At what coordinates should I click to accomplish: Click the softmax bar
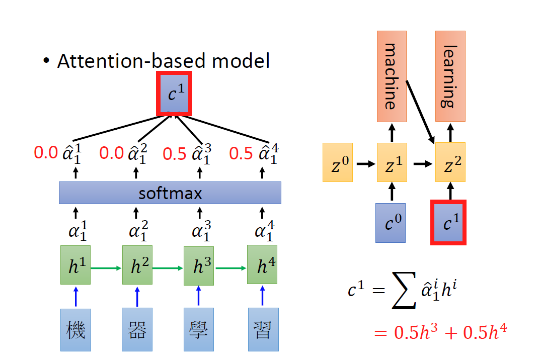(170, 193)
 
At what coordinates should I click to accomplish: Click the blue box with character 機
(75, 330)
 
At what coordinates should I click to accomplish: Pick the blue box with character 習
(263, 330)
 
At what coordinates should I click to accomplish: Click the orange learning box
(450, 76)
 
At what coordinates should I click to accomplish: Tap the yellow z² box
(450, 162)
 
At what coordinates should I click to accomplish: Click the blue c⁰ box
(391, 223)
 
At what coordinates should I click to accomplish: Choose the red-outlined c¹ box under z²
(448, 223)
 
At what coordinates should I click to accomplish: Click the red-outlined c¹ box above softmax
(174, 94)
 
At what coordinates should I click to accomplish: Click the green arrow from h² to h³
(168, 268)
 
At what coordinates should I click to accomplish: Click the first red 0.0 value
(46, 152)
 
